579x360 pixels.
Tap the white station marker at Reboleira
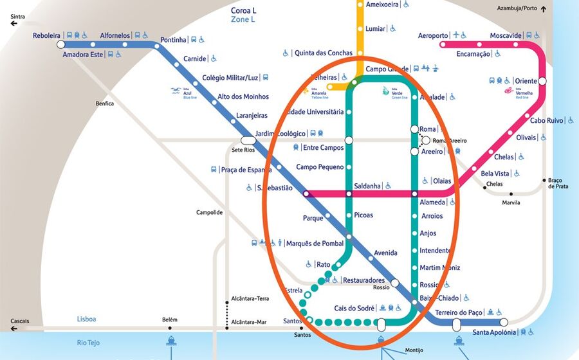coord(60,45)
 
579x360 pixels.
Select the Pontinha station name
coord(173,40)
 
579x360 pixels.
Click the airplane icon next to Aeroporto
coord(456,35)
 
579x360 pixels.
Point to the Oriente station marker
coord(542,81)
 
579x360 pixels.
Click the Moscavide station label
coord(506,35)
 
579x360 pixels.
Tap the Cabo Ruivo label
coord(547,120)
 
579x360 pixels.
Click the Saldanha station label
coord(367,186)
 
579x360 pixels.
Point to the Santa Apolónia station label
coord(494,332)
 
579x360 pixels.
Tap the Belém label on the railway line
coord(170,319)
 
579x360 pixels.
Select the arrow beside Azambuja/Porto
coord(544,9)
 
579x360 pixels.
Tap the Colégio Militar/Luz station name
coord(230,78)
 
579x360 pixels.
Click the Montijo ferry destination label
coord(414,350)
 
